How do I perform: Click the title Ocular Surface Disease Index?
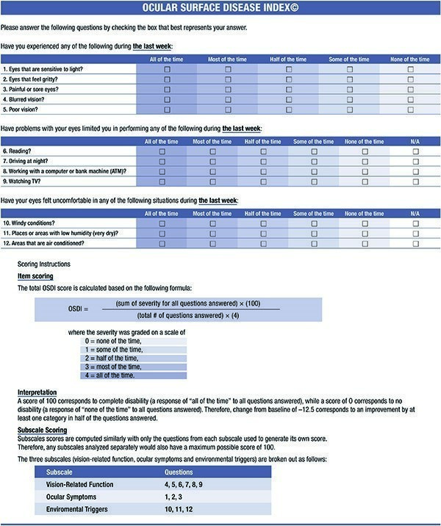click(220, 9)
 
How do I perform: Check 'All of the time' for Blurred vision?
click(167, 98)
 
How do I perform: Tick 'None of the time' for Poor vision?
click(410, 108)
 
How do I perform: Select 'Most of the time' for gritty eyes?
click(228, 79)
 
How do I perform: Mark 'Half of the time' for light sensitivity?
click(289, 69)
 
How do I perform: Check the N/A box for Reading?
click(416, 151)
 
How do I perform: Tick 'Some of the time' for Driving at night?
click(314, 161)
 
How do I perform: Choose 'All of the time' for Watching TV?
click(162, 180)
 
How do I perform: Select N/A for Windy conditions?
click(416, 223)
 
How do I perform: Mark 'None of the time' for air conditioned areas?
click(365, 242)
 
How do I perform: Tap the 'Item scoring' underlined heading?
click(34, 276)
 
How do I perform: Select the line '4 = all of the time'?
click(110, 375)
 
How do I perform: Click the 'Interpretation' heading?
click(37, 393)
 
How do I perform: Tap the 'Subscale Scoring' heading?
click(42, 430)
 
